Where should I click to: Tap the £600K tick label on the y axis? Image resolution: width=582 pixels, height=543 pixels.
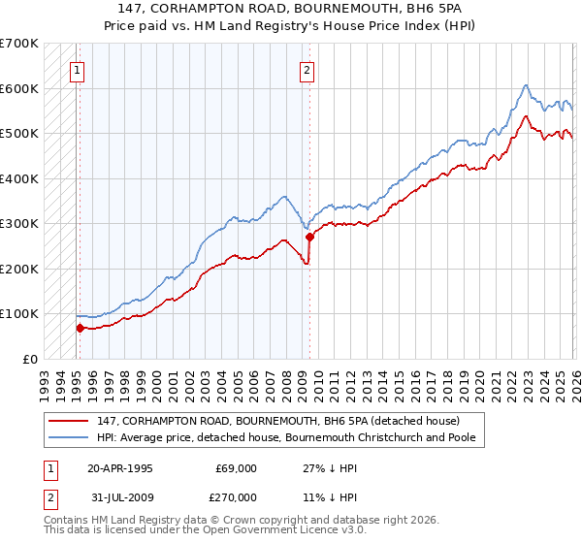click(18, 88)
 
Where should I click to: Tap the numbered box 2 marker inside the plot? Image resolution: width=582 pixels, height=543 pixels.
click(307, 70)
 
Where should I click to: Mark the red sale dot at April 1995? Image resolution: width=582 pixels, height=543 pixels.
click(80, 328)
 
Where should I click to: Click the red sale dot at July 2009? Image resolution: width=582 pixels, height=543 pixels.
click(309, 237)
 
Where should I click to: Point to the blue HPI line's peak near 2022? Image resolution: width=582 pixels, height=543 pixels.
click(525, 85)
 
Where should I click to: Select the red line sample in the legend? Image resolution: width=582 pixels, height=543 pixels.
click(70, 420)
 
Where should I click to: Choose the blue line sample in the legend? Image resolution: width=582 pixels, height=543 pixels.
click(70, 437)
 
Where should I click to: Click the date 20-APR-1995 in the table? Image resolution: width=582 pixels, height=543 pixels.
click(120, 467)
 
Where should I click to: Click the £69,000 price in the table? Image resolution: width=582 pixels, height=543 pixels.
click(237, 467)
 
